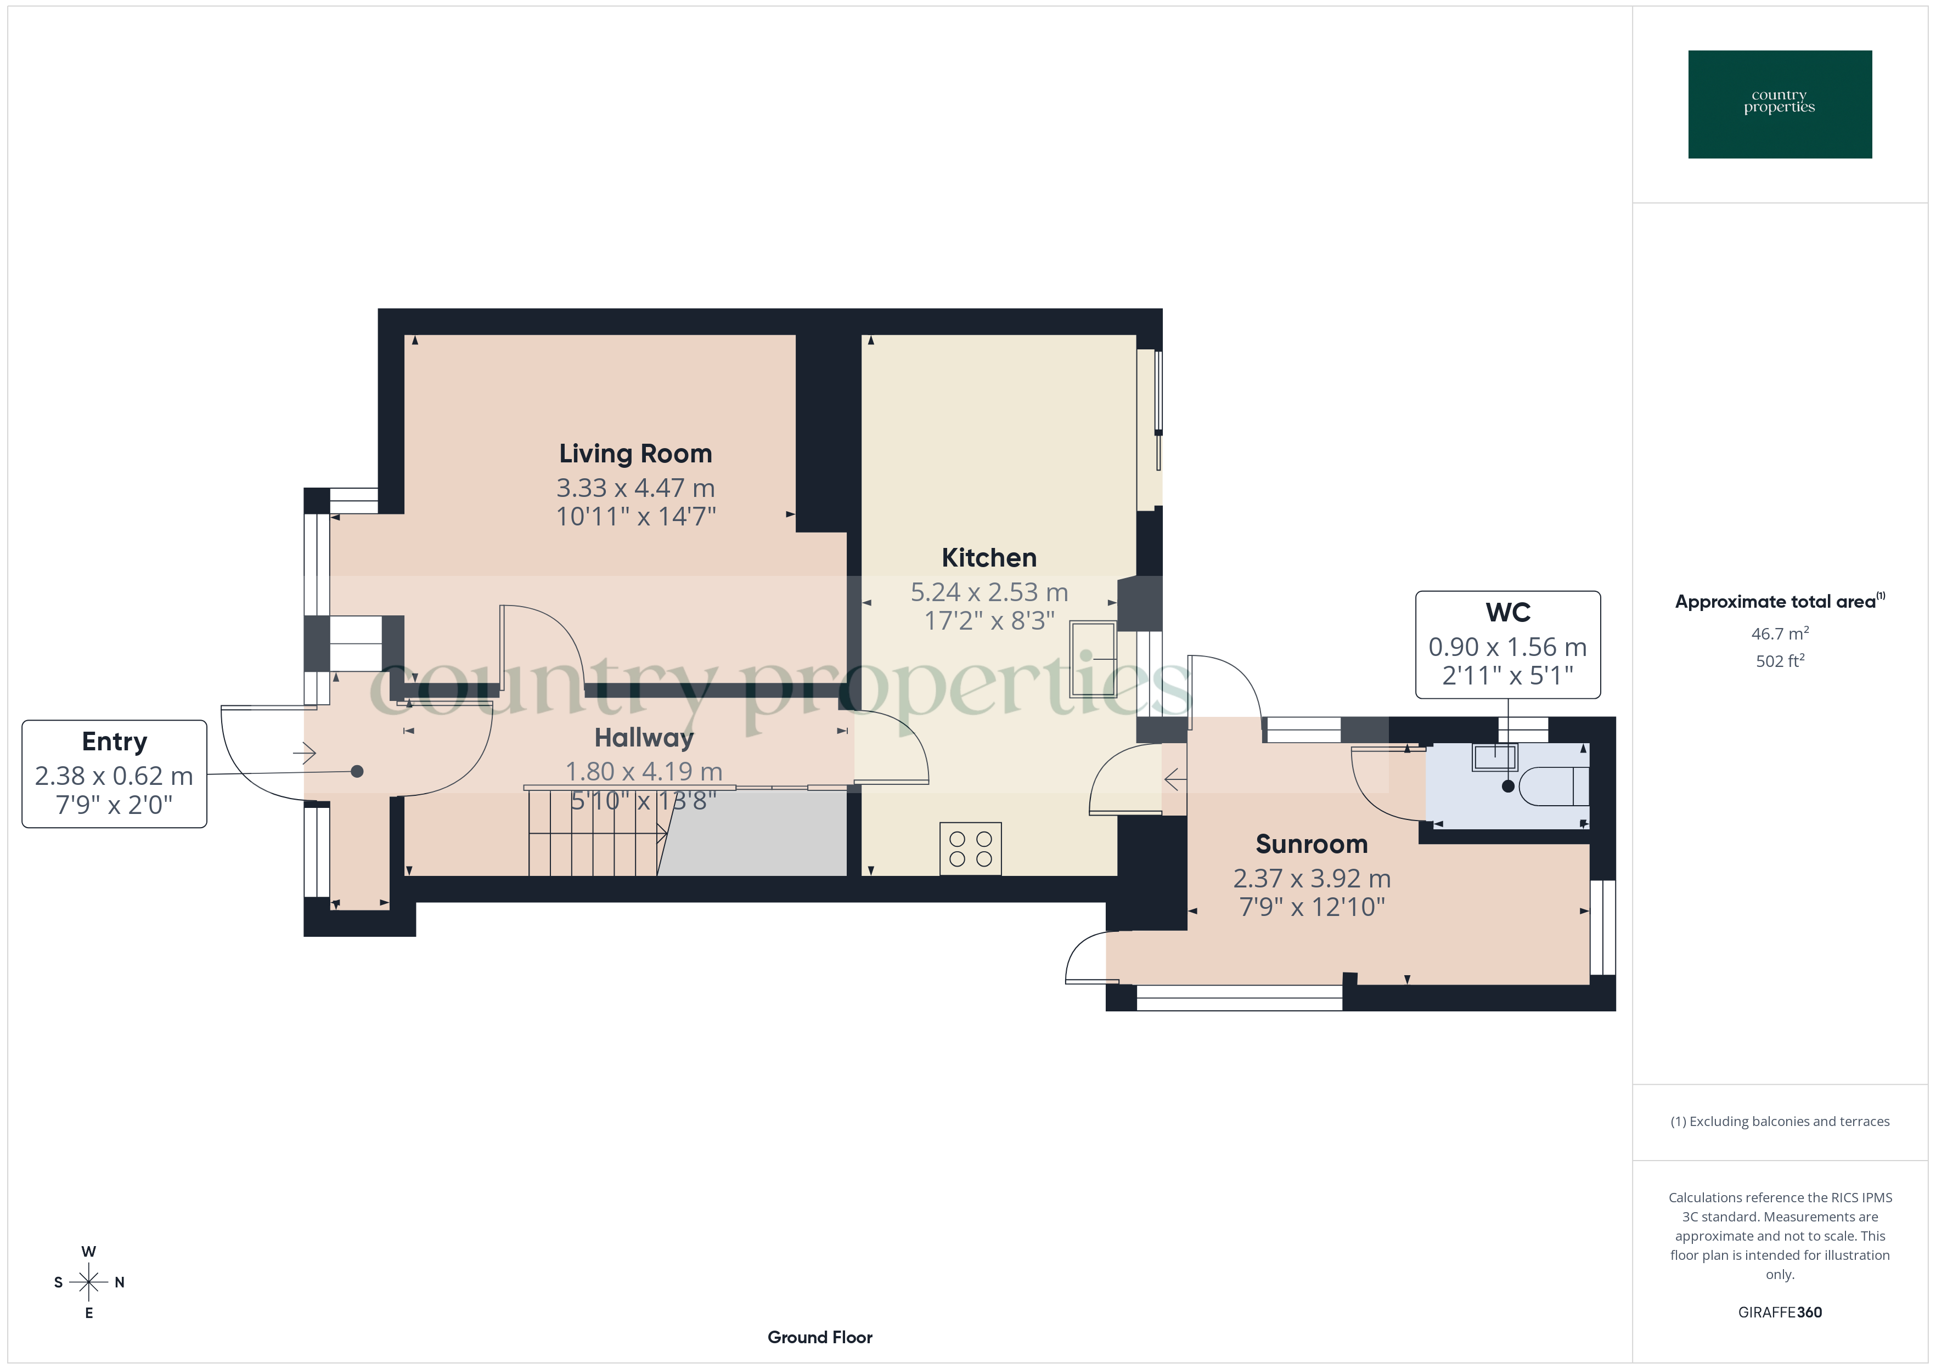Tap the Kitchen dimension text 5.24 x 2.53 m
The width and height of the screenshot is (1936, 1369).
pos(988,592)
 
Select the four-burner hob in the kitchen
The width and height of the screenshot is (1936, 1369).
pos(971,849)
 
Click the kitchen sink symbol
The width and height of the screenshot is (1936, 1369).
pos(1093,659)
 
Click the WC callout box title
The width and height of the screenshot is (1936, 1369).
pos(1507,613)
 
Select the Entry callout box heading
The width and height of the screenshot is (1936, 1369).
pos(115,742)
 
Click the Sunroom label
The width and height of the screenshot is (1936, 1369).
pos(1311,844)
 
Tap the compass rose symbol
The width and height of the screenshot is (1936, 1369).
pos(88,1282)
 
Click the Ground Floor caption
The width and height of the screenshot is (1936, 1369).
pos(820,1337)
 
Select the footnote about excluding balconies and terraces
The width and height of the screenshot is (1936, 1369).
pos(1779,1121)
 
